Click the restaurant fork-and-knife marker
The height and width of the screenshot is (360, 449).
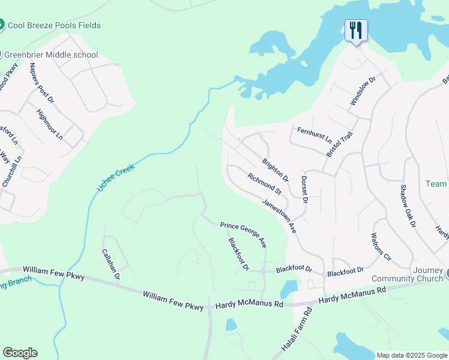[356, 31]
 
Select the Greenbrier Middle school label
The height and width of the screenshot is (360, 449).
[51, 55]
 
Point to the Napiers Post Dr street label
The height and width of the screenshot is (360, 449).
[41, 82]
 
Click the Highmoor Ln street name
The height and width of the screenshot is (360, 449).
[49, 124]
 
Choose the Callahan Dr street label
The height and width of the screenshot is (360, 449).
[111, 265]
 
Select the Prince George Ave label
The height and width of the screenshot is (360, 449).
[243, 234]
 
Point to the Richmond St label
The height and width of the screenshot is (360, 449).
[264, 184]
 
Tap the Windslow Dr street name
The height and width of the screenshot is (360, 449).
[363, 91]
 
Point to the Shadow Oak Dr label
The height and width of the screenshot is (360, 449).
[408, 206]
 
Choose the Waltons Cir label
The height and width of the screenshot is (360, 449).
[381, 247]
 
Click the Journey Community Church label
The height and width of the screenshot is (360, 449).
[408, 274]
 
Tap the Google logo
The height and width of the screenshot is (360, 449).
[20, 353]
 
